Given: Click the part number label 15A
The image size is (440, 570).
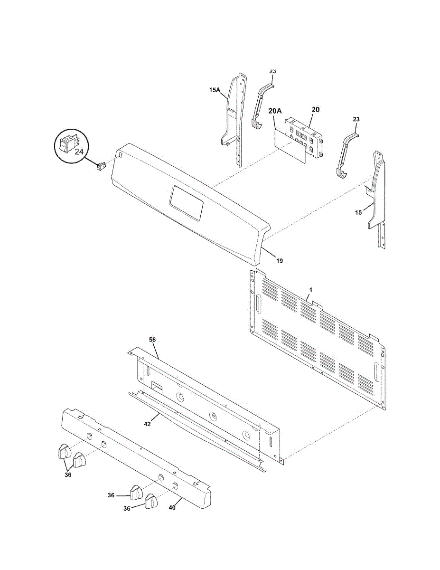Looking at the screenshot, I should [x=215, y=89].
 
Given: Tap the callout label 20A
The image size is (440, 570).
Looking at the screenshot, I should [x=275, y=111].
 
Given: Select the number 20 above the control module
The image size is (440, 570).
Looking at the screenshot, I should [x=315, y=109].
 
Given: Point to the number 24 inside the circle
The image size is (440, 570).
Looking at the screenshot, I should [x=79, y=152].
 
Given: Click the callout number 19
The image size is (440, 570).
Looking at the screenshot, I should [x=280, y=261].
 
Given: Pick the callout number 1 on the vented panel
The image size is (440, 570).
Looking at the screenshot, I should [x=311, y=289].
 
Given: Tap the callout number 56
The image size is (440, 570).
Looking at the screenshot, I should [x=152, y=340].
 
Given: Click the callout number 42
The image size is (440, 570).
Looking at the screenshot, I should [x=147, y=424].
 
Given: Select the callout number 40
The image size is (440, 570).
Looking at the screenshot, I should [x=172, y=507].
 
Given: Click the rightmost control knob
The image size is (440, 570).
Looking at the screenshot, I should [x=151, y=501].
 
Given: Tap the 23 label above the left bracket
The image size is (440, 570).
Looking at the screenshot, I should [x=272, y=71].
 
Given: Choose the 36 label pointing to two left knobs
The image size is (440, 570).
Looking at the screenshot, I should [x=68, y=475].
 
